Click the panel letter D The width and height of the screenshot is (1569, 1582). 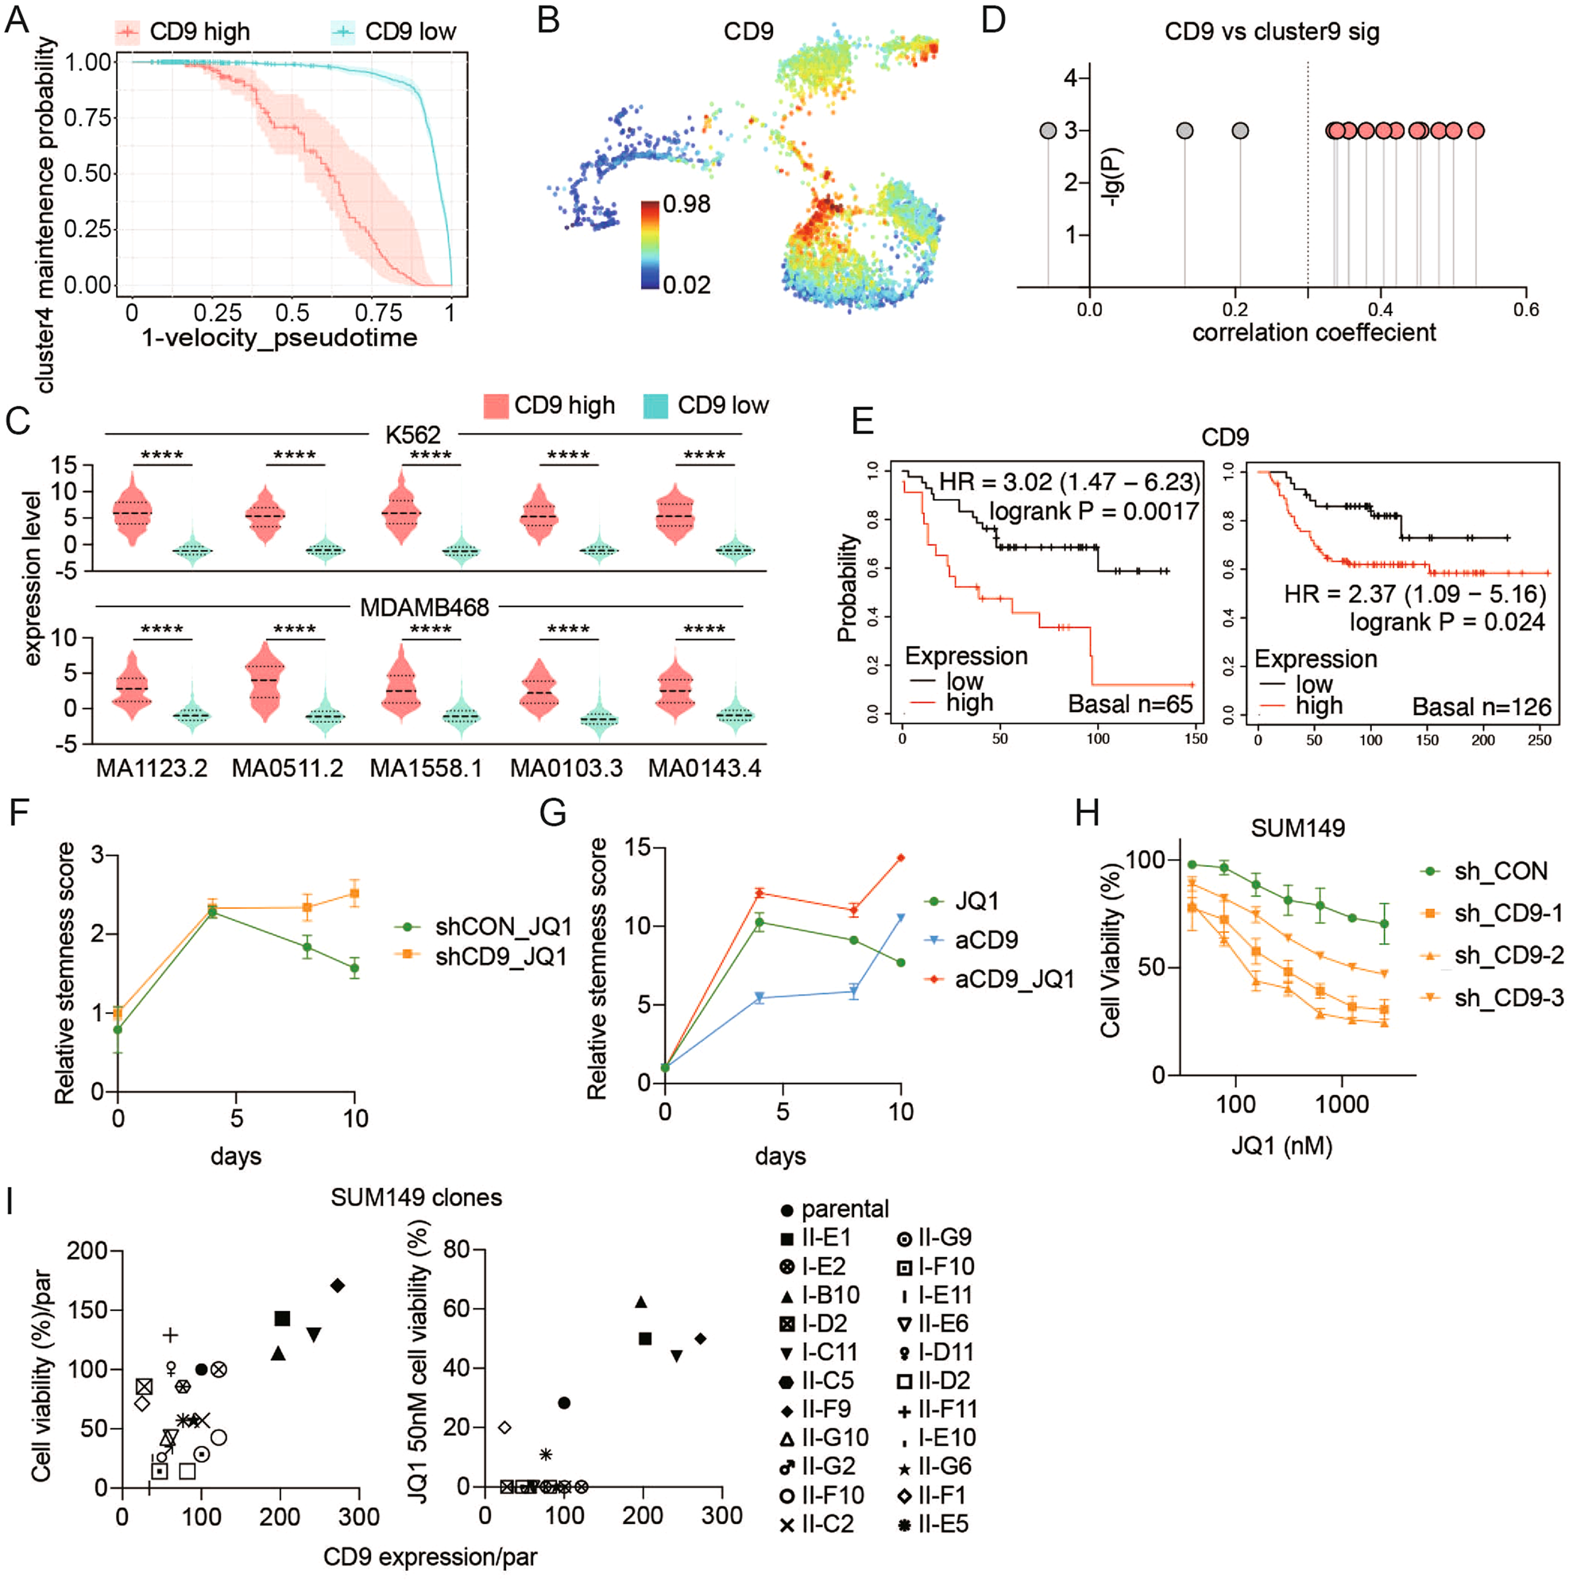click(x=992, y=20)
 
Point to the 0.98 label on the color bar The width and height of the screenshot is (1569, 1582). click(x=686, y=204)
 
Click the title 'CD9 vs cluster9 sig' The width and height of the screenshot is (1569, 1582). click(x=1271, y=32)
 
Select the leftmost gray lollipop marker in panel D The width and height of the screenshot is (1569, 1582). click(x=1048, y=130)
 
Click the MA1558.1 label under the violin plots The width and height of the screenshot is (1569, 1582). click(x=426, y=768)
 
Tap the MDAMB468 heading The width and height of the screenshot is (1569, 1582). click(x=424, y=607)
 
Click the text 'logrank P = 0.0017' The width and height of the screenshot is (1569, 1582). click(x=1093, y=511)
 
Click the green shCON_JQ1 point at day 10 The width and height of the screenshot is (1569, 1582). click(x=354, y=968)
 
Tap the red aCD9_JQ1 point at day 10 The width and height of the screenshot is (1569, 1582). click(x=901, y=858)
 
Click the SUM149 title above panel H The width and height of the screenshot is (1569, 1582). click(x=1297, y=828)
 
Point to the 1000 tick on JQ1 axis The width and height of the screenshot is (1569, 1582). click(x=1341, y=1104)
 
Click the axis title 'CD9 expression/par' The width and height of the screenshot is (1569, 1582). click(x=430, y=1556)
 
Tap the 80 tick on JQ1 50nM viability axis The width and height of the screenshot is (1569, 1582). click(x=457, y=1251)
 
